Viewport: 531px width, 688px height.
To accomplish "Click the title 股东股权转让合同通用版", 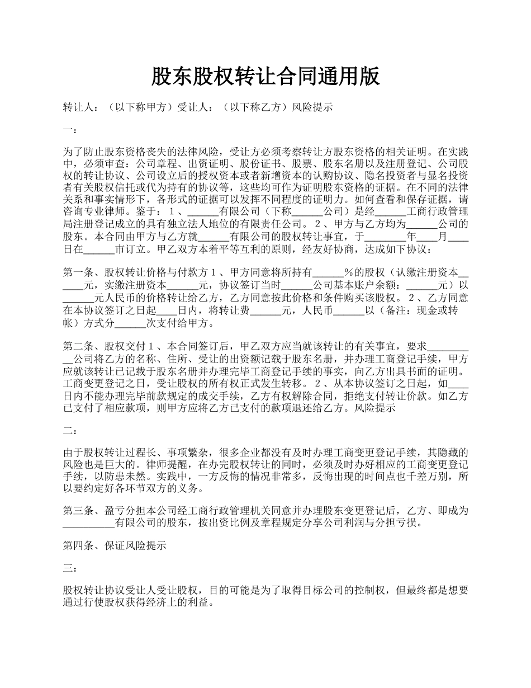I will [x=265, y=77].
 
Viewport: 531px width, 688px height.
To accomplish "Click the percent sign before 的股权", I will [x=348, y=273].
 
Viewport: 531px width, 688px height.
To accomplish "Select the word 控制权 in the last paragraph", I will [x=374, y=591].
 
